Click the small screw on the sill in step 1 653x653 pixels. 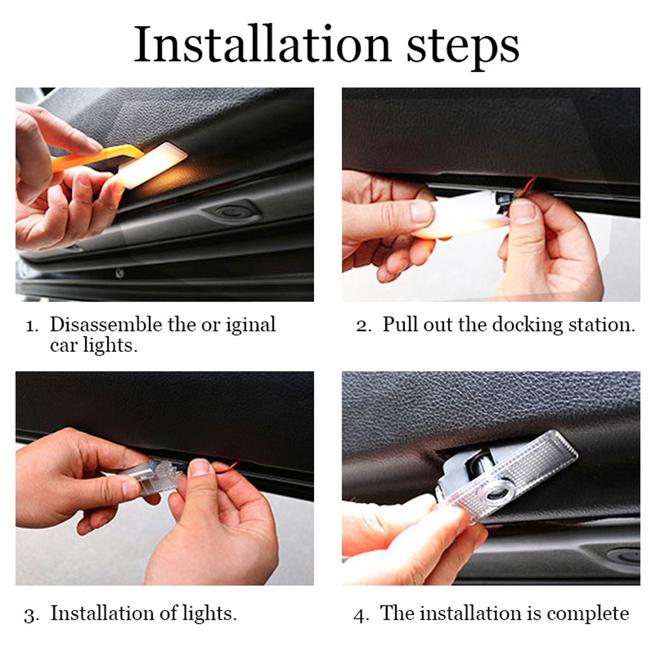[x=119, y=274]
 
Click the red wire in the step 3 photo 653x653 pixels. [x=227, y=467]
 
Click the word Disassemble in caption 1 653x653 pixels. [x=106, y=325]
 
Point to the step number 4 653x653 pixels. [x=360, y=616]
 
